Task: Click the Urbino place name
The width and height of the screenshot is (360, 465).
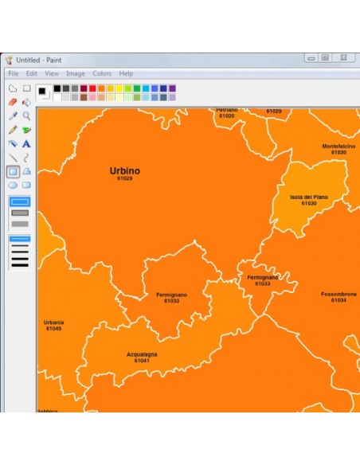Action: [125, 170]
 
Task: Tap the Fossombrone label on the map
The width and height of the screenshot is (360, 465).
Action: [338, 294]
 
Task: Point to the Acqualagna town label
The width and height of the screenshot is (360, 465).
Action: [142, 354]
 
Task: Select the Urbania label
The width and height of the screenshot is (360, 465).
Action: [54, 322]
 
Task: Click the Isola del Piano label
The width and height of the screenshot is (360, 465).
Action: [309, 197]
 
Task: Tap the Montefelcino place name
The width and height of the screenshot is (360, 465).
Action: [338, 147]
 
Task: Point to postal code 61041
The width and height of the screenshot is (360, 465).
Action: [142, 361]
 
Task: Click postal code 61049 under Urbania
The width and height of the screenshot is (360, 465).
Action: [53, 328]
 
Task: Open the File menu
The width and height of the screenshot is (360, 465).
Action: [14, 73]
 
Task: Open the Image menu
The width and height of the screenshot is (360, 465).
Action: [76, 73]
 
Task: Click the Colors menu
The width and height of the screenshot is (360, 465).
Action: [102, 73]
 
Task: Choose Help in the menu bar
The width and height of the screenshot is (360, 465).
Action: [126, 73]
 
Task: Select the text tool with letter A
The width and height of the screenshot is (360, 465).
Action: [26, 144]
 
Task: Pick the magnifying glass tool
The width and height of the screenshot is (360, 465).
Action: [26, 115]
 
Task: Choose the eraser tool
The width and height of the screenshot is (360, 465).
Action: [13, 102]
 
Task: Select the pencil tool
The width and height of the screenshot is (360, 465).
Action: [13, 130]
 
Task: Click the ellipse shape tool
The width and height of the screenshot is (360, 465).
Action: [13, 185]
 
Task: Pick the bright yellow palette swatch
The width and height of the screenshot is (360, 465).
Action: [119, 88]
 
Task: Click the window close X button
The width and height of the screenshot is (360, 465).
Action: [343, 58]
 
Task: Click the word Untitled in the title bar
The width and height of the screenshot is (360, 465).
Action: [29, 60]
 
